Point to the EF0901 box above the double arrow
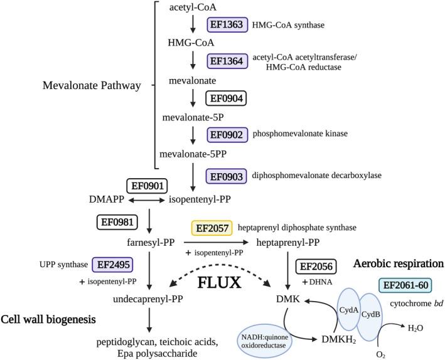[147, 186]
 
